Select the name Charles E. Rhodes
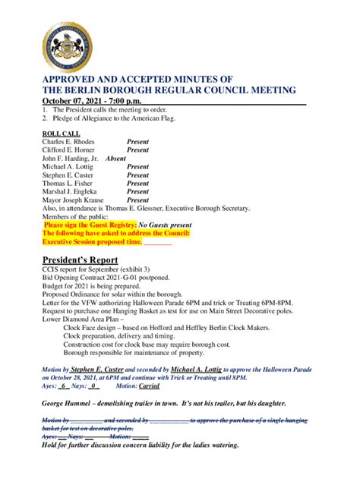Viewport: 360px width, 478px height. tap(69, 142)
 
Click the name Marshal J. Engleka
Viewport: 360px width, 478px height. tap(73, 191)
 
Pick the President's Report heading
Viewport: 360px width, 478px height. tap(80, 259)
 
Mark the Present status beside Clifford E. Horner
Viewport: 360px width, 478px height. tap(137, 150)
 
